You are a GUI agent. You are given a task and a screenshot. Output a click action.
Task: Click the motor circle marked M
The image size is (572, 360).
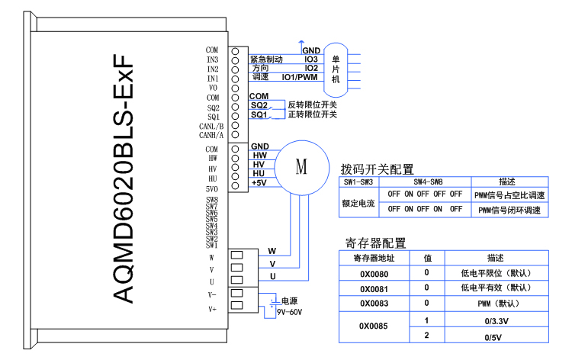(x=300, y=166)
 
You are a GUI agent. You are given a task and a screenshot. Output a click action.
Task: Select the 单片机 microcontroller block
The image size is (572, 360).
(x=336, y=69)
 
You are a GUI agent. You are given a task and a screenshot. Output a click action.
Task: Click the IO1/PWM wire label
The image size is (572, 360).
(x=299, y=78)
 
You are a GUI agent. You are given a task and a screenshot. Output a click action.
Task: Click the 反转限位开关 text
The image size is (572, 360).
(x=312, y=104)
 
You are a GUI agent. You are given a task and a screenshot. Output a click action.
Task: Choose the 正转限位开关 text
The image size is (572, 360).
(x=312, y=114)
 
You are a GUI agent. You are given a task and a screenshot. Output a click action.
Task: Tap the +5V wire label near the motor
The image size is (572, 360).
(x=259, y=183)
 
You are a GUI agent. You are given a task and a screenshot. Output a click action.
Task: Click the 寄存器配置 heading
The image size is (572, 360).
(x=375, y=243)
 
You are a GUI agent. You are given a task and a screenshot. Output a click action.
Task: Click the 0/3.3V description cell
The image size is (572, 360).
(x=495, y=320)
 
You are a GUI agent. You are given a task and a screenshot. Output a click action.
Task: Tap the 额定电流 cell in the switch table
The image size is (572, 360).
(x=357, y=203)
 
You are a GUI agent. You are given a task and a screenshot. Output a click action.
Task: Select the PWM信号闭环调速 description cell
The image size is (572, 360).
(x=506, y=210)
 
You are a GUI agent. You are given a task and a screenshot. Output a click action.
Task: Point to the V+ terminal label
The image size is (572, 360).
(x=213, y=309)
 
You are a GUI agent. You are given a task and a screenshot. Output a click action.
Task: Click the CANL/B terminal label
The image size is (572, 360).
(x=210, y=126)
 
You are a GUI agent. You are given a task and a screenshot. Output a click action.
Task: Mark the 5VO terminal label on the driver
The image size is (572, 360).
(x=212, y=188)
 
